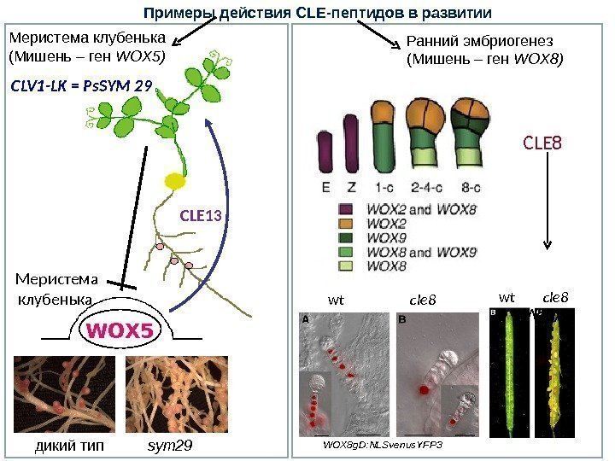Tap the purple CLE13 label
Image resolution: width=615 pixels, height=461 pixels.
tap(201, 216)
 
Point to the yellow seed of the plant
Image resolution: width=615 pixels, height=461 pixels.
tap(175, 181)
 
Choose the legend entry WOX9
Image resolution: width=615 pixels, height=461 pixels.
tap(384, 237)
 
